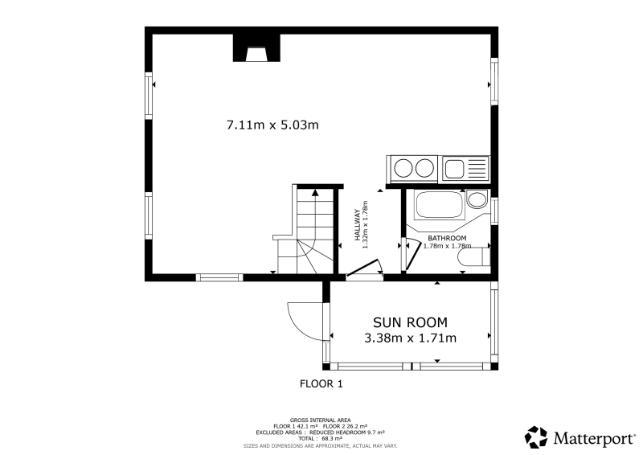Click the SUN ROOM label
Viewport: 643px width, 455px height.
(x=410, y=322)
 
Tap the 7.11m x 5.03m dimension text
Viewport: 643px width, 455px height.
(x=272, y=125)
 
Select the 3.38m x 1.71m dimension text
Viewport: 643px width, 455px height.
(x=410, y=338)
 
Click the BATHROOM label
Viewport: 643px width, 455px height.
(x=447, y=238)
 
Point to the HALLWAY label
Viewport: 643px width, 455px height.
(x=357, y=225)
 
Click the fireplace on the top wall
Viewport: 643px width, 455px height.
(x=256, y=48)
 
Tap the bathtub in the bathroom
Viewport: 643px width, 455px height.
(x=439, y=204)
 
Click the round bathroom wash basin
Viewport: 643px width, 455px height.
(x=476, y=200)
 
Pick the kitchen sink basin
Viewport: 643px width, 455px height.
(x=454, y=169)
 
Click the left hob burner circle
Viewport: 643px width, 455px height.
(x=403, y=168)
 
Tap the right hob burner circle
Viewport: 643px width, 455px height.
(x=424, y=168)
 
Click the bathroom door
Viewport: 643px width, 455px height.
(x=412, y=256)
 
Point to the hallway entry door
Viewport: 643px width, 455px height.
(x=362, y=268)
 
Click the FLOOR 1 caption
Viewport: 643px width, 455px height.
(x=321, y=384)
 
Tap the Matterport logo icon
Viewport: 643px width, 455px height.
(x=536, y=437)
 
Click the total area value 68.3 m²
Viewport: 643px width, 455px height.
(x=332, y=439)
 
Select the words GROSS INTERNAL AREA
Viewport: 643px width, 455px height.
(x=320, y=420)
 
